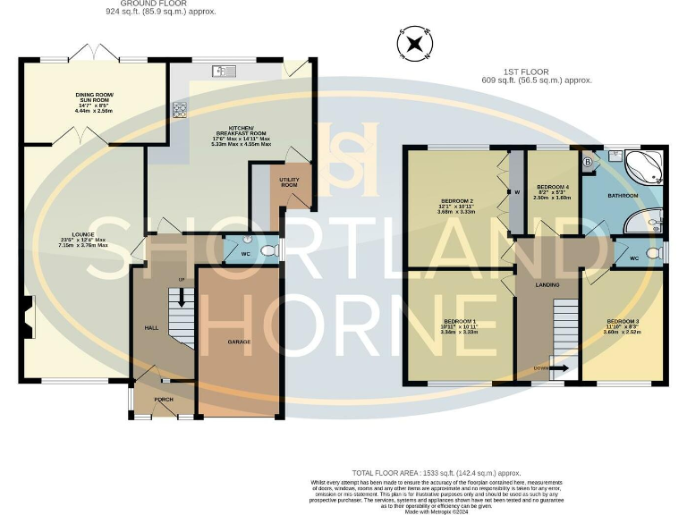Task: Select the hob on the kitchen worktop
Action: click(179, 109)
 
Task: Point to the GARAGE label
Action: click(238, 342)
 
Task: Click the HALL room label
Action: click(151, 328)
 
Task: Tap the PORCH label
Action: click(164, 399)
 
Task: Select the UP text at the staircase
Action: click(182, 280)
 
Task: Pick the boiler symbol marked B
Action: click(588, 162)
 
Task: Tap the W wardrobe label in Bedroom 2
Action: click(516, 191)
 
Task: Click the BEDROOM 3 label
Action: click(623, 321)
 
